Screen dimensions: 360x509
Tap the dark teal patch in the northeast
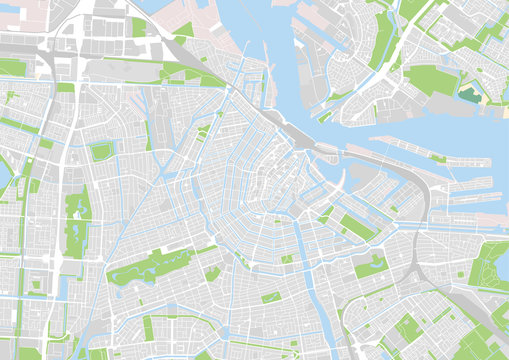(468, 95)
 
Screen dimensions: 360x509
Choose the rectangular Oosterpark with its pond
(371, 265)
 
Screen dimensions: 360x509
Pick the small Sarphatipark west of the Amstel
(271, 297)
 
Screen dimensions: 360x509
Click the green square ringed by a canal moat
(101, 151)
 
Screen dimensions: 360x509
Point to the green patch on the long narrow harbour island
(438, 157)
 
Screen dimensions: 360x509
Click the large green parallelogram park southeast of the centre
(355, 227)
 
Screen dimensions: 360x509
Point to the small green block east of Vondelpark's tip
(212, 273)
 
